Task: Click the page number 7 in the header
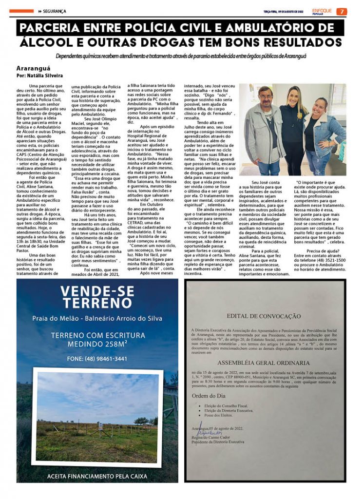[343, 11]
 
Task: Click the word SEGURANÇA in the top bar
[54, 11]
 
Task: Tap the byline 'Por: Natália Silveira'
[39, 76]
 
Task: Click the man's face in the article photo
[266, 96]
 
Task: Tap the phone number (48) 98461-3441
[97, 359]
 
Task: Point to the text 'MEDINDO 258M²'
[97, 344]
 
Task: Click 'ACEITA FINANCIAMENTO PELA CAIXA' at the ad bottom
[97, 476]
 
